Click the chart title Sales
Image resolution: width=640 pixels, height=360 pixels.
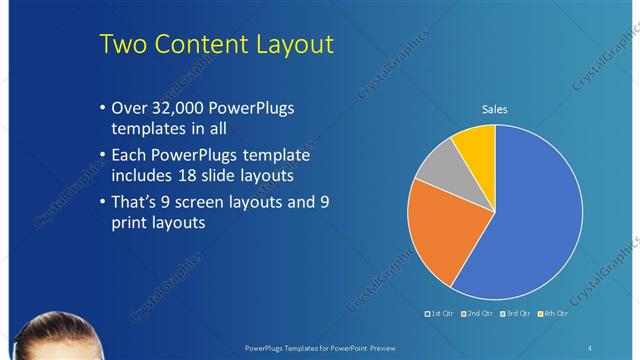[x=495, y=108]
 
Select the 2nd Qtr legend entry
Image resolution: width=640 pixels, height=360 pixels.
[x=477, y=314]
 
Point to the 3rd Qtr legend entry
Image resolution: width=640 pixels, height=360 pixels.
[x=515, y=314]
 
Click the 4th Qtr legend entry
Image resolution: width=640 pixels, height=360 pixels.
[x=552, y=314]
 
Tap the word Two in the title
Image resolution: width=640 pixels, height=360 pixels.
[x=127, y=45]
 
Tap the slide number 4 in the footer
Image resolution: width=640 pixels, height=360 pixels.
[x=590, y=348]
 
